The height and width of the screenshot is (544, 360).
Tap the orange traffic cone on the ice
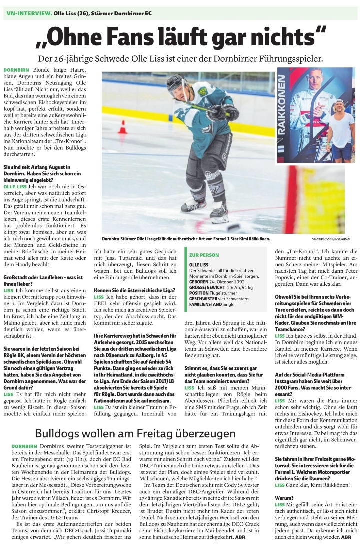[x=122, y=127]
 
